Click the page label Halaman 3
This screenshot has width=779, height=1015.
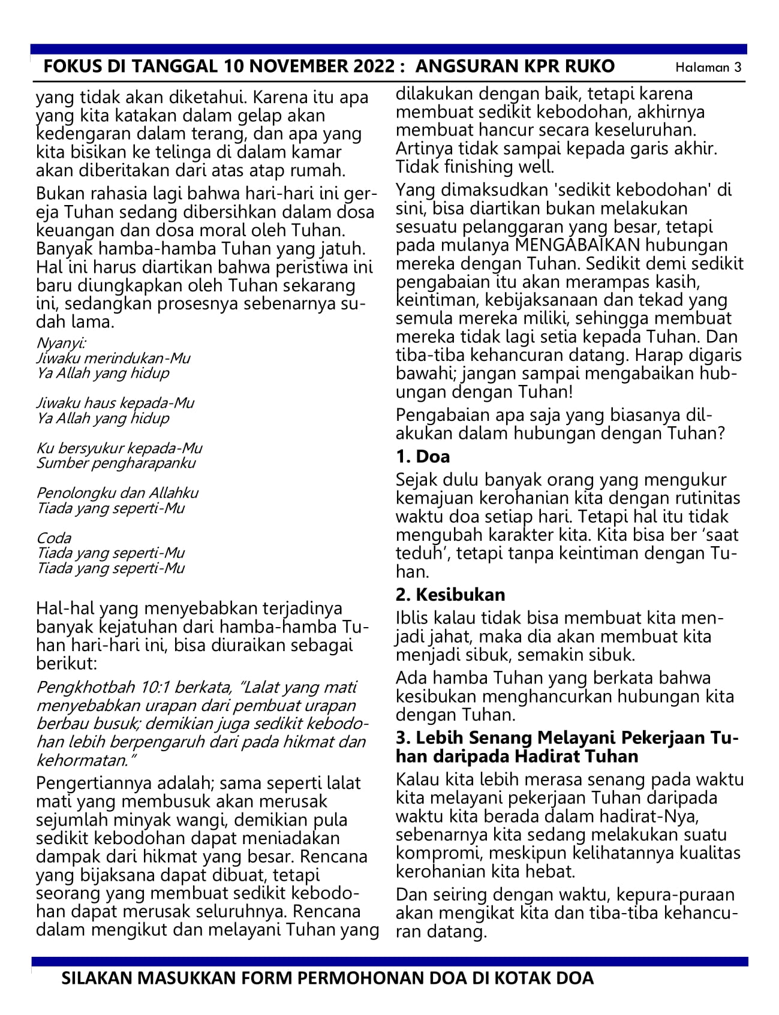708,67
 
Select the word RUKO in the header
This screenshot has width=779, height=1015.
590,66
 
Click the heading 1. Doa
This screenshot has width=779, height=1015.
423,457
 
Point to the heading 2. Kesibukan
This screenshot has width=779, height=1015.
450,595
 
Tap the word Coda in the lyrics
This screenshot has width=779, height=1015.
53,538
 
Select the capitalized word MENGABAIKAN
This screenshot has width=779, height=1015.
575,245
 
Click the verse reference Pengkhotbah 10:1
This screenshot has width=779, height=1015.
97,687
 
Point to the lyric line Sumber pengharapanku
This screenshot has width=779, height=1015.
116,463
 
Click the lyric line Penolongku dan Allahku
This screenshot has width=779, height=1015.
118,493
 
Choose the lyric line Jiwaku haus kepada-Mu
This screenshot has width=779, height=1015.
115,403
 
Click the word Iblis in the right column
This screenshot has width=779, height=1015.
413,618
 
